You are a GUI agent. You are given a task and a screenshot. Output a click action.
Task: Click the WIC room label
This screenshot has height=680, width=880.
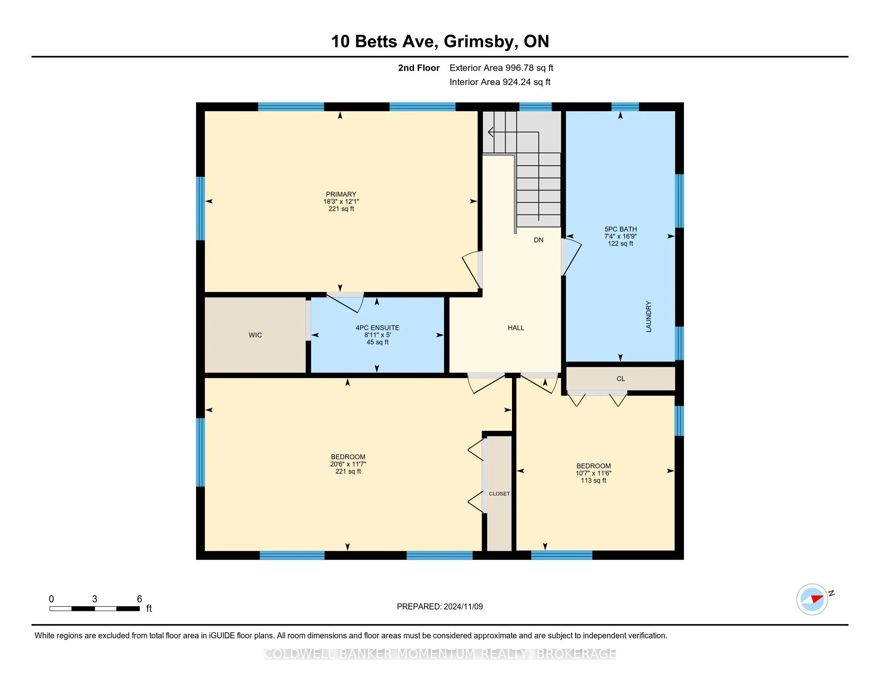[255, 335]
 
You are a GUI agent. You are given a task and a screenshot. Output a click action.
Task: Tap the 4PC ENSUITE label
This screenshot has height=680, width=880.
[378, 328]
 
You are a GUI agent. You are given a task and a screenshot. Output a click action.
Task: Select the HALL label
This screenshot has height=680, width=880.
[516, 328]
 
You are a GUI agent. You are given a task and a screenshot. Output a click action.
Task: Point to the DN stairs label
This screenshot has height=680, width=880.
[539, 240]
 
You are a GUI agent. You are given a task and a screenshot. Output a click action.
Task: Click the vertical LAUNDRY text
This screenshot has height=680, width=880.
[649, 317]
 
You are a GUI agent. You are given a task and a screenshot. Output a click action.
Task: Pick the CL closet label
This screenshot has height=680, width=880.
[620, 379]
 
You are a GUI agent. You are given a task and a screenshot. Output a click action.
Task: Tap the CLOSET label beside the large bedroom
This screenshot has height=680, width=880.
[499, 494]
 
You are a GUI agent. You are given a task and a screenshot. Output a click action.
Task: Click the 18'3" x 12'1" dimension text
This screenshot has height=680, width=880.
[341, 202]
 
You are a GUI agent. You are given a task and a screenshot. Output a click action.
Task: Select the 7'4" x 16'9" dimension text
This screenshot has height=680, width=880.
[620, 236]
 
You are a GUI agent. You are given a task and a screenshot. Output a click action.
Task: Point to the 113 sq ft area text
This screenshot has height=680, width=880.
[594, 480]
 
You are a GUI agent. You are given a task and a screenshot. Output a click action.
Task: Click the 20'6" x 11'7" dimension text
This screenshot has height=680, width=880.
[348, 464]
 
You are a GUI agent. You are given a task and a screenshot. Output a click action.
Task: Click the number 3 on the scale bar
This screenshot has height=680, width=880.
[95, 599]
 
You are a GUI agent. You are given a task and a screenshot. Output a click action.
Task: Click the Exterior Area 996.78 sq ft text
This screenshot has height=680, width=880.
[501, 68]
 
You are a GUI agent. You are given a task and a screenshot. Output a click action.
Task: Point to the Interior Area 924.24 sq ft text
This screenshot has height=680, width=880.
[500, 82]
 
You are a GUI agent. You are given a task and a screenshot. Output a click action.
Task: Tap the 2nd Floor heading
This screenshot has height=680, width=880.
[419, 68]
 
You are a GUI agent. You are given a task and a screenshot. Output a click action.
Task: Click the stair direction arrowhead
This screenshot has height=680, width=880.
[491, 132]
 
